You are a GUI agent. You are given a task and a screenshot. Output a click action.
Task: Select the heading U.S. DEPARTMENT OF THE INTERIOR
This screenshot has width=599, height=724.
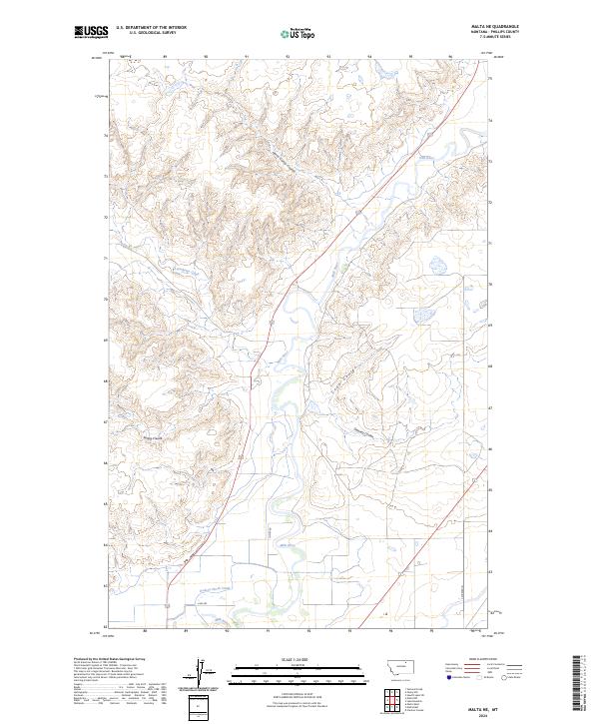(151, 28)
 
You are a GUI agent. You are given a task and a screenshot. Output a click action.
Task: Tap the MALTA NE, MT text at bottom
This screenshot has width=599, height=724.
(483, 704)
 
